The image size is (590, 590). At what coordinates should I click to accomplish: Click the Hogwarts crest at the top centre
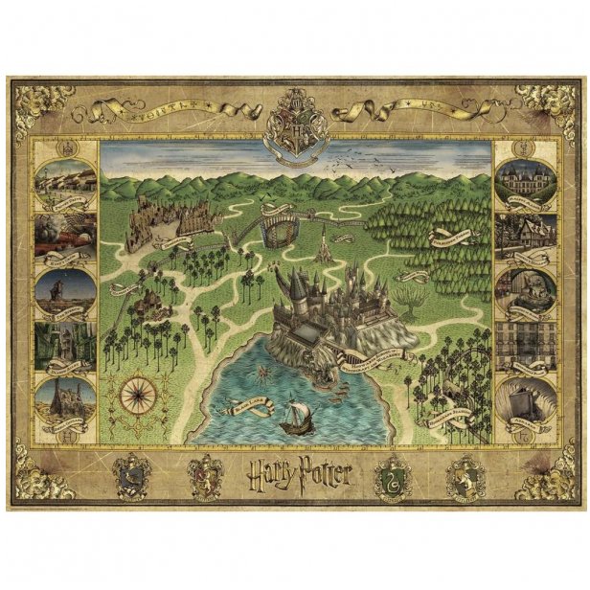[x=295, y=123]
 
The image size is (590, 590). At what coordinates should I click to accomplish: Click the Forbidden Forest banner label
[x=451, y=236]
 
